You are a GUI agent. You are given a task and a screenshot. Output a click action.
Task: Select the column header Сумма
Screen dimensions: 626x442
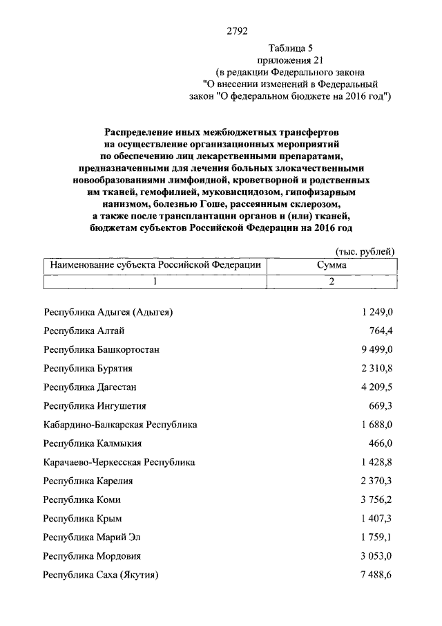[331, 266]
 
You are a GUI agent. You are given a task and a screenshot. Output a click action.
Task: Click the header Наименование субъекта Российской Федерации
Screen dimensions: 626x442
[153, 266]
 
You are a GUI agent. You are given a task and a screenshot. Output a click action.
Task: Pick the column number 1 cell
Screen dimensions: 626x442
[155, 282]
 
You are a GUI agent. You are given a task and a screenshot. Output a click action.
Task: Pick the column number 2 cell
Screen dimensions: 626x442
[331, 282]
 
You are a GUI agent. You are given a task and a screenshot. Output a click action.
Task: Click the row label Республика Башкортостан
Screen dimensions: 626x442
[102, 350]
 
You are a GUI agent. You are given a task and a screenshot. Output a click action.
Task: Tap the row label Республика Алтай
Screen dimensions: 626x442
[84, 331]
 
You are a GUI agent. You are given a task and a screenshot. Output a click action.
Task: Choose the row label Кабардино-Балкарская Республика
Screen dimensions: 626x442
[120, 425]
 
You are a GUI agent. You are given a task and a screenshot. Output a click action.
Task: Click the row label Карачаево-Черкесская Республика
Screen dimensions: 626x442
[119, 462]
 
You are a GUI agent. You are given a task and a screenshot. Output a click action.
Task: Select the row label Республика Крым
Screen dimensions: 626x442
[84, 518]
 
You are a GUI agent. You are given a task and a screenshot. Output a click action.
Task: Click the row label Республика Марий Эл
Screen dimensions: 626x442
[90, 537]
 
